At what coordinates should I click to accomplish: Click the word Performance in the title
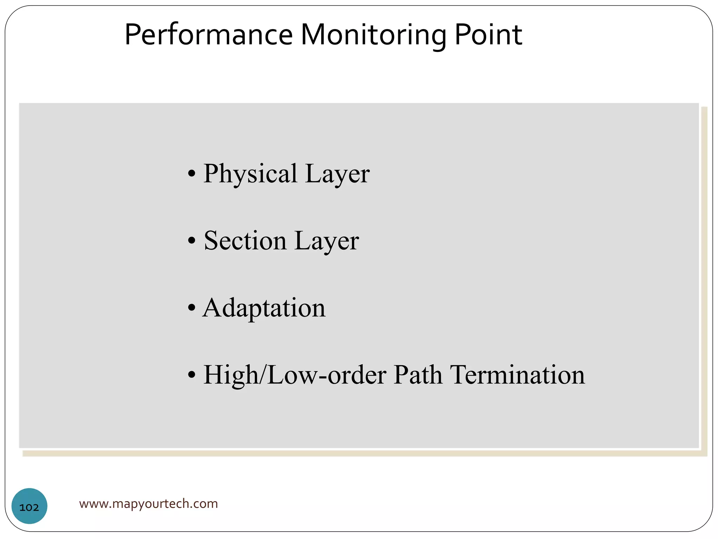(209, 35)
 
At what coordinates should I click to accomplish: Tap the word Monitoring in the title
(373, 35)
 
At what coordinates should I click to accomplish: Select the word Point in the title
(488, 35)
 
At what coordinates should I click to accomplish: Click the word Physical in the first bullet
(250, 174)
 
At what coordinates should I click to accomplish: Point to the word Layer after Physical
(337, 174)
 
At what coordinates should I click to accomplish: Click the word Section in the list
(245, 241)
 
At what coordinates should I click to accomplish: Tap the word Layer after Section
(327, 241)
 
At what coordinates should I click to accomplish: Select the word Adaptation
(264, 308)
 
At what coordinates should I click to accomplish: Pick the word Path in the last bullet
(418, 375)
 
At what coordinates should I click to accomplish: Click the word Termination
(517, 375)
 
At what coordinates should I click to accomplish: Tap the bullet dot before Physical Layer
(191, 174)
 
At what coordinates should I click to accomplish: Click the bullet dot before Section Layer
(191, 241)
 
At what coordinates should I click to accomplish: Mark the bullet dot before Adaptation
(191, 308)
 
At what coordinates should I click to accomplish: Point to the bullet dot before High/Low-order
(191, 375)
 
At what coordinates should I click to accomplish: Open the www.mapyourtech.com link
(148, 504)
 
